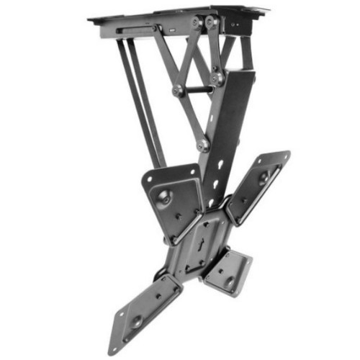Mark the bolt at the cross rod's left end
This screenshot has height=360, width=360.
click(x=178, y=91)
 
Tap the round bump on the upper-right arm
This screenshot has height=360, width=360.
click(x=264, y=175)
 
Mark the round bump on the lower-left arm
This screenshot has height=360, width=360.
click(x=135, y=320)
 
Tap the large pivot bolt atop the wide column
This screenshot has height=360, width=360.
click(x=217, y=75)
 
